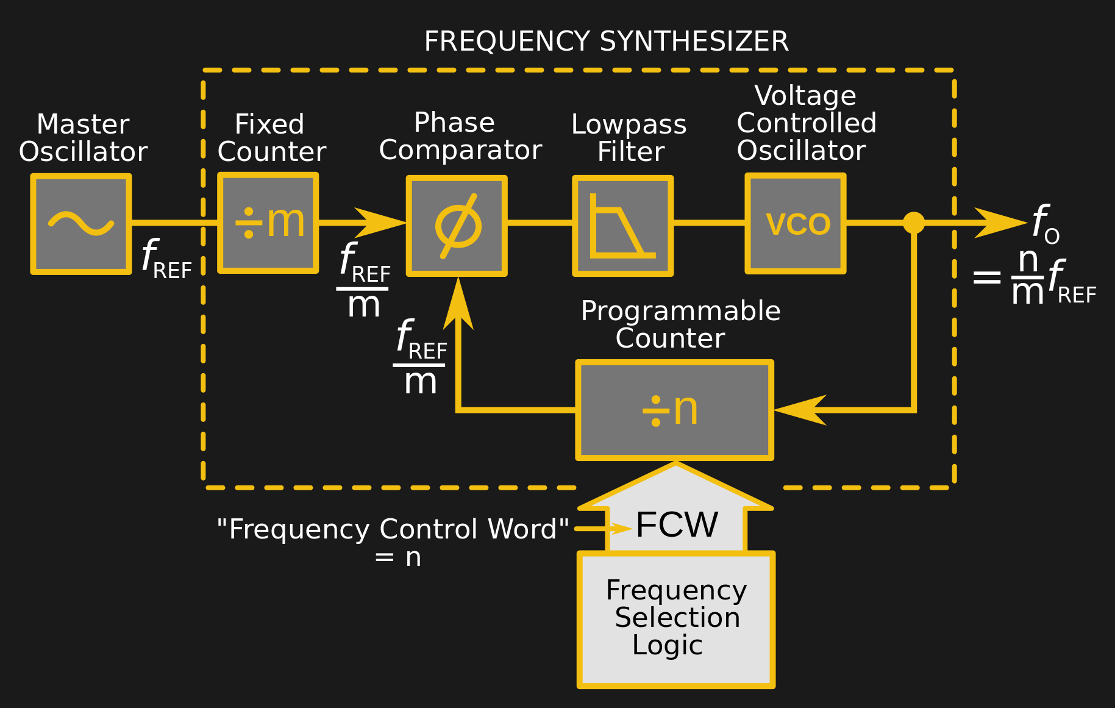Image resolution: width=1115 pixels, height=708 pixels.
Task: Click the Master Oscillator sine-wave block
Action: pos(81,224)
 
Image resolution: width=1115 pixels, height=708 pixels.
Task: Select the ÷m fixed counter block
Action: pos(268,223)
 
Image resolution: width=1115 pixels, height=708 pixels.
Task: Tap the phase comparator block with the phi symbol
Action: pos(457,226)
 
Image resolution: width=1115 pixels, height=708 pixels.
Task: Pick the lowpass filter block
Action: pos(623,226)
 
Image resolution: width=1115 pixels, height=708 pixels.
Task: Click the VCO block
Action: pos(796,223)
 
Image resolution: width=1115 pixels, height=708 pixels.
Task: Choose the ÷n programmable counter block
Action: pos(675,410)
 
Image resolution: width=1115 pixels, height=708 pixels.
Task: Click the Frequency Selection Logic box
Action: pos(676,620)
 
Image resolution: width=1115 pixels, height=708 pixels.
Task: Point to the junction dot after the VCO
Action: pos(913,223)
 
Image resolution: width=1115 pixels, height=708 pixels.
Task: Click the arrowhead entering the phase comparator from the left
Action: pos(380,223)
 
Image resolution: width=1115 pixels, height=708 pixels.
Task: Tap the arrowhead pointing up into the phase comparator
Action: pos(458,304)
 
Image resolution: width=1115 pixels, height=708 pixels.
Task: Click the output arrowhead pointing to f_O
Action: pos(1001,223)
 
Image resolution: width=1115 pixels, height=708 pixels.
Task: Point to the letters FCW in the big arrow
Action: pos(677,524)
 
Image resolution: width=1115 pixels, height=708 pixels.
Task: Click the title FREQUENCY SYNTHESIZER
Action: pos(606,41)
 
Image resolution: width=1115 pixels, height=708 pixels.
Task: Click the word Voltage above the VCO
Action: pos(805,96)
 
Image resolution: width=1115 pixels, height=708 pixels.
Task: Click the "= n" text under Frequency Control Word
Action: pos(398,557)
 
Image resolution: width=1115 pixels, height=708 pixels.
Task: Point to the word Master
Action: pos(83,124)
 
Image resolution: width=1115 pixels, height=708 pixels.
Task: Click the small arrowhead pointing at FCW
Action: pos(619,528)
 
